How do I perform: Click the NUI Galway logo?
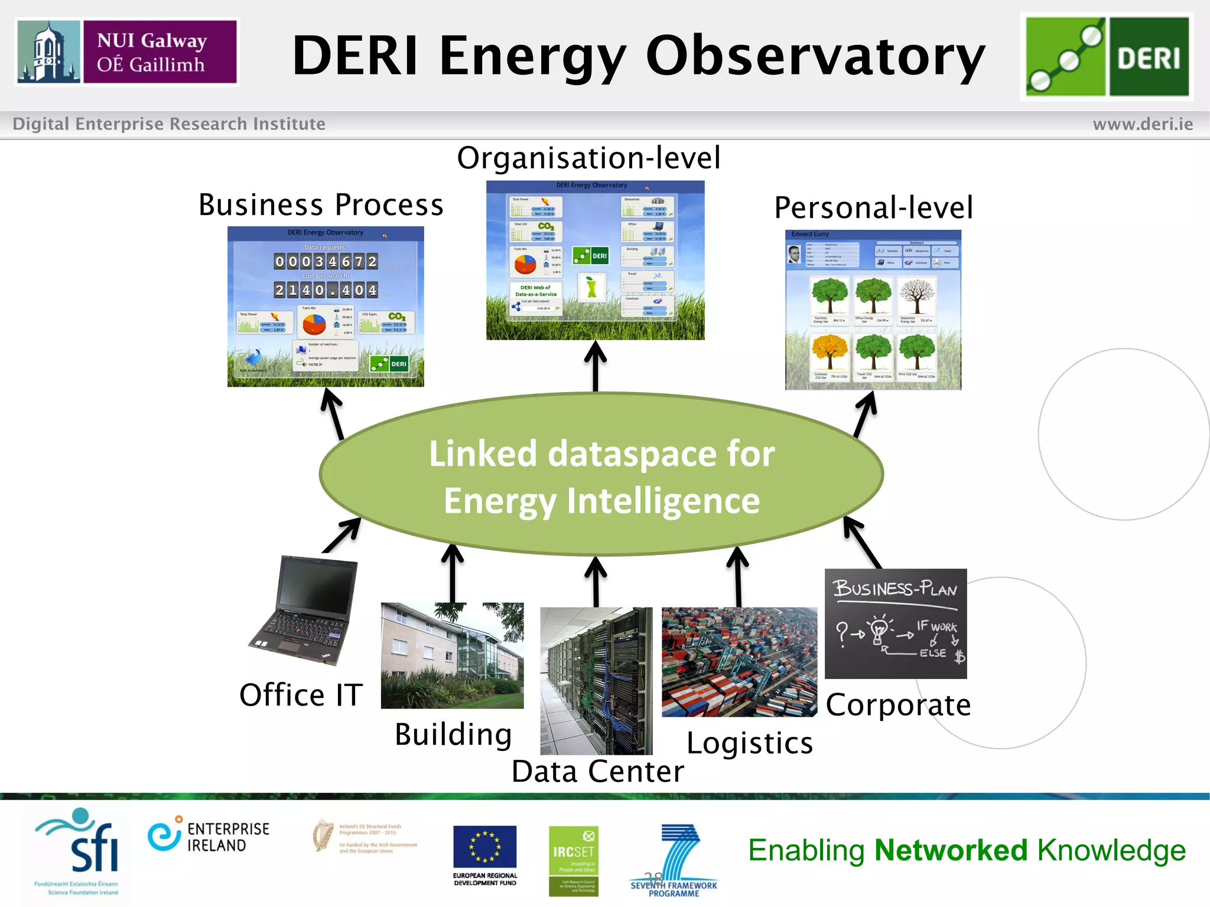tap(127, 52)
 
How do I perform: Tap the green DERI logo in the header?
tap(1107, 57)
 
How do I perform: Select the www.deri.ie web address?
tap(1143, 124)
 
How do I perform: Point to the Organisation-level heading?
tap(588, 158)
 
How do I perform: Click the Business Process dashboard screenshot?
tap(326, 306)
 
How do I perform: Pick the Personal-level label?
tap(873, 208)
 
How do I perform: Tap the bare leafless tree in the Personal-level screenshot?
tap(917, 297)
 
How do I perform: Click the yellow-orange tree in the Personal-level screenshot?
tap(830, 353)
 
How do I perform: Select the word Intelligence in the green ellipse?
tap(663, 501)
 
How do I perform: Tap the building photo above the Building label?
tap(452, 655)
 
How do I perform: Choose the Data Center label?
tap(597, 772)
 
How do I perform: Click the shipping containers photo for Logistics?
tap(739, 662)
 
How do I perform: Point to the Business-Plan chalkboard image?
tap(895, 624)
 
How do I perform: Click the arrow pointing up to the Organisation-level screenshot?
tap(596, 366)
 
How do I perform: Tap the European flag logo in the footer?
tap(484, 847)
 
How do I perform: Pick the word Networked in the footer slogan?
tap(951, 850)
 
